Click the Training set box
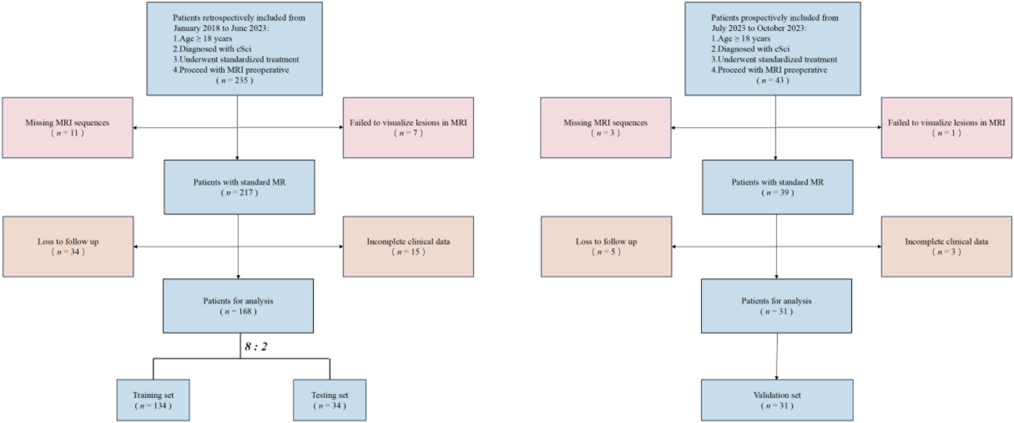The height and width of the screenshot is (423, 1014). (x=153, y=400)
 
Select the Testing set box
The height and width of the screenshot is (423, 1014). (x=329, y=400)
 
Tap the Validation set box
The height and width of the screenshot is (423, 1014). (x=777, y=400)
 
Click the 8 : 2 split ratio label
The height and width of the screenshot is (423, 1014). (x=256, y=347)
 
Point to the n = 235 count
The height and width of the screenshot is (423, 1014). (x=234, y=80)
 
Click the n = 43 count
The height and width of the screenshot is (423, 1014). (x=773, y=80)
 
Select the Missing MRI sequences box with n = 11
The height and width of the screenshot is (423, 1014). (x=68, y=127)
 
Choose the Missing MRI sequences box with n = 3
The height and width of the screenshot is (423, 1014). (x=605, y=127)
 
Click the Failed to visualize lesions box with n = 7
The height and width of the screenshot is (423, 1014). (x=408, y=127)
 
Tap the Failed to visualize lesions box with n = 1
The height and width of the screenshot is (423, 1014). (x=946, y=127)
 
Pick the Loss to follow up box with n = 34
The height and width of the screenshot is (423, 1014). (x=68, y=247)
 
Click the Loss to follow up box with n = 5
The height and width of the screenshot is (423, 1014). (x=606, y=247)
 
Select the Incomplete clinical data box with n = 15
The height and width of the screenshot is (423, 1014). (x=408, y=247)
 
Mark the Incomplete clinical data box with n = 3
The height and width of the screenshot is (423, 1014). (x=946, y=247)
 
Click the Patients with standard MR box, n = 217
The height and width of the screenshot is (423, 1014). (x=239, y=187)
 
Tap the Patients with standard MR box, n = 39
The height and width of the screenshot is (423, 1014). (x=777, y=187)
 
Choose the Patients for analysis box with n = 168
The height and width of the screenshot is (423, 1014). (x=238, y=306)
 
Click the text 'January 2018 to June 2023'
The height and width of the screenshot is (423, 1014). (x=221, y=28)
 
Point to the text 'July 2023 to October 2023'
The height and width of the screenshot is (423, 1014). (x=759, y=28)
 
